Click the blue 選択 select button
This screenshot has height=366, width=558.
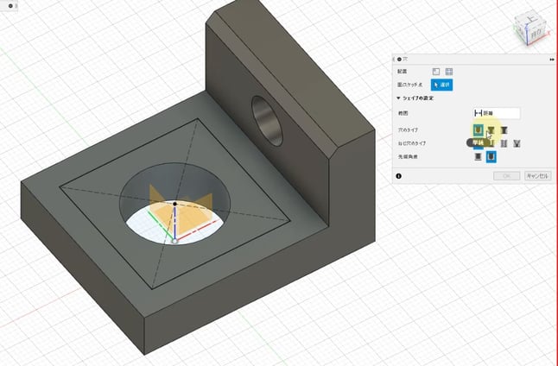tap(443, 85)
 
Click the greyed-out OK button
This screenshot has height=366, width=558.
tap(506, 175)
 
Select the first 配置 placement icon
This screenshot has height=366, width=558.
tap(436, 72)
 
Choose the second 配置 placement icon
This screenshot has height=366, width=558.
tap(449, 72)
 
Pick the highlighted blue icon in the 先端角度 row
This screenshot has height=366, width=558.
tap(491, 157)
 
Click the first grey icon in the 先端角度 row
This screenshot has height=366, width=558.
tap(478, 157)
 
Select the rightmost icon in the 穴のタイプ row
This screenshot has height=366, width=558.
tap(504, 129)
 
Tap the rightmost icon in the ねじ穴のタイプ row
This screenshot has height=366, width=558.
tap(517, 143)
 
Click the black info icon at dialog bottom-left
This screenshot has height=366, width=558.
tap(398, 175)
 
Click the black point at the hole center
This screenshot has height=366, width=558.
tap(174, 205)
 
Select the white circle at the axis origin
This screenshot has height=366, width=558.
tap(175, 243)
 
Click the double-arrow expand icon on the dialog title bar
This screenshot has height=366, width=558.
tap(550, 59)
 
